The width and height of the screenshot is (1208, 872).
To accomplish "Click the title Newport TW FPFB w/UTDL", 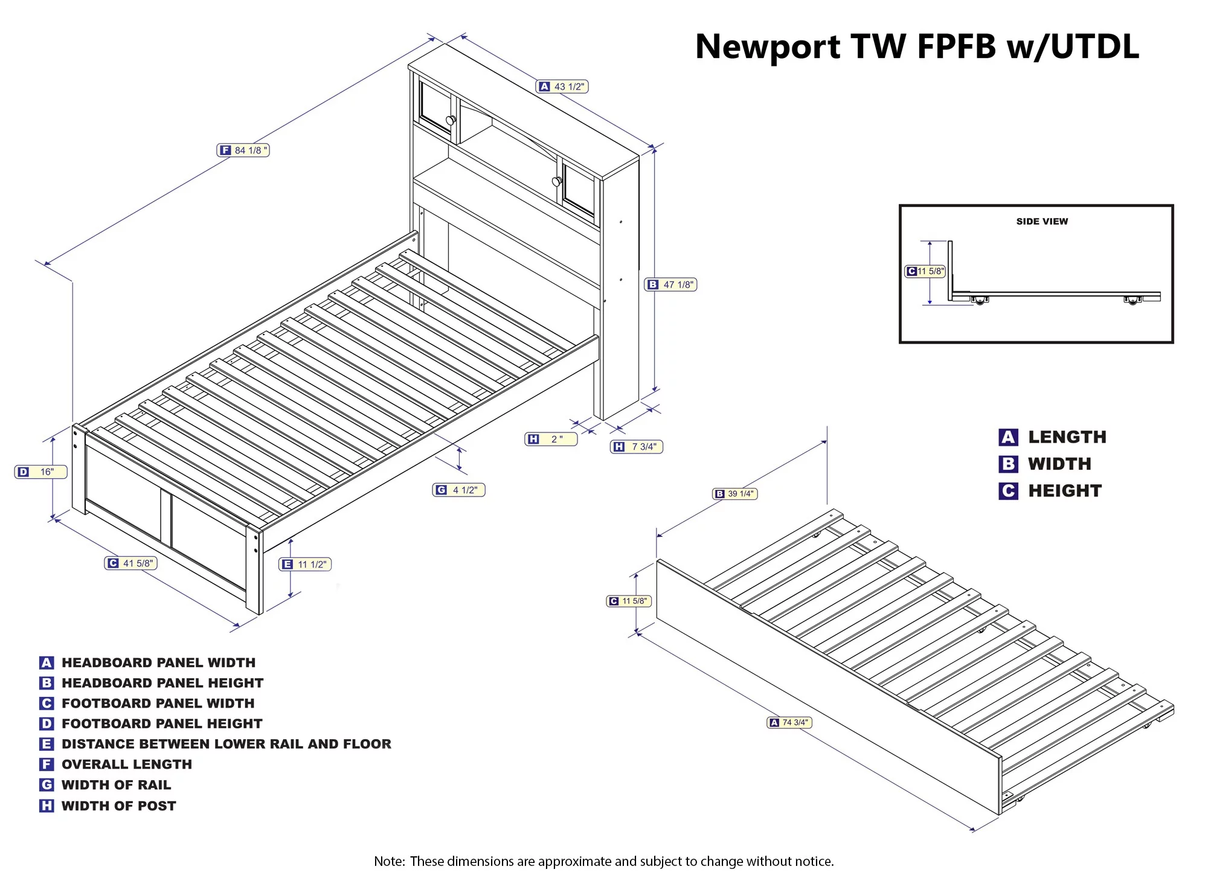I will (x=917, y=46).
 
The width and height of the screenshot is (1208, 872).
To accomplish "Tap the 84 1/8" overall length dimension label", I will (x=243, y=150).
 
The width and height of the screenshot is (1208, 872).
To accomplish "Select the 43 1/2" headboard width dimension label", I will (x=562, y=87).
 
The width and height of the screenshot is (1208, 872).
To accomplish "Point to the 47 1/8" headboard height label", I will (x=671, y=284).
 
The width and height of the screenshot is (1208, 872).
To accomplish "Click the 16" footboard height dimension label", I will (x=40, y=472).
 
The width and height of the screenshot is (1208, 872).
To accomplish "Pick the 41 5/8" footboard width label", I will (x=131, y=563).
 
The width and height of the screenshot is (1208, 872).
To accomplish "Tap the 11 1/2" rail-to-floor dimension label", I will (x=306, y=564).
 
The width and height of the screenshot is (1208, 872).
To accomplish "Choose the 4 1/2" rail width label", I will (x=459, y=490).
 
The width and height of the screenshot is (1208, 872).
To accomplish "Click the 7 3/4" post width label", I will (x=637, y=447).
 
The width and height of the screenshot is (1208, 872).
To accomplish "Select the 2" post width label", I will (x=551, y=439).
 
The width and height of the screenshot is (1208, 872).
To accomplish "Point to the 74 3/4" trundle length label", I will (x=789, y=722).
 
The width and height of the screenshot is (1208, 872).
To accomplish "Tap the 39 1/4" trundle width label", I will (x=735, y=494).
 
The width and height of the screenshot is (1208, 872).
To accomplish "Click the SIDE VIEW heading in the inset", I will (x=1042, y=222).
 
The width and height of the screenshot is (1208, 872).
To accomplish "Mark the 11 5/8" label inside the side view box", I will (x=925, y=271).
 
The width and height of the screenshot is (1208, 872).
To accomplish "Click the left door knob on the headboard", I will (x=450, y=120).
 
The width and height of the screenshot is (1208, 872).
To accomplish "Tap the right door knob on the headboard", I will (x=556, y=181).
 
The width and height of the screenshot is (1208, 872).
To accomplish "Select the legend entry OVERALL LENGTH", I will (x=126, y=765).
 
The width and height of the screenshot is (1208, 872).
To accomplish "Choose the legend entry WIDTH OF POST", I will (x=118, y=806).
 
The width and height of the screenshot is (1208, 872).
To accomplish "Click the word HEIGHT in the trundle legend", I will (x=1065, y=491).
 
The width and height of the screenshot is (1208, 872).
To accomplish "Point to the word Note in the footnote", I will (x=388, y=861).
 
